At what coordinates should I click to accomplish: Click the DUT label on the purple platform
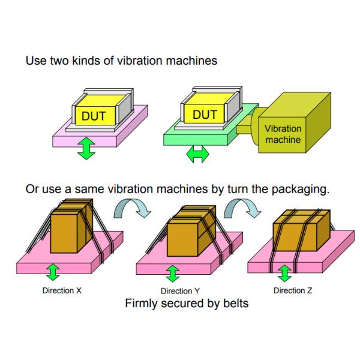(x=94, y=115)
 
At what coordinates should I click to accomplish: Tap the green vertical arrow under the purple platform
(x=87, y=148)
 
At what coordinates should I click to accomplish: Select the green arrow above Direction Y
(x=173, y=273)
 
